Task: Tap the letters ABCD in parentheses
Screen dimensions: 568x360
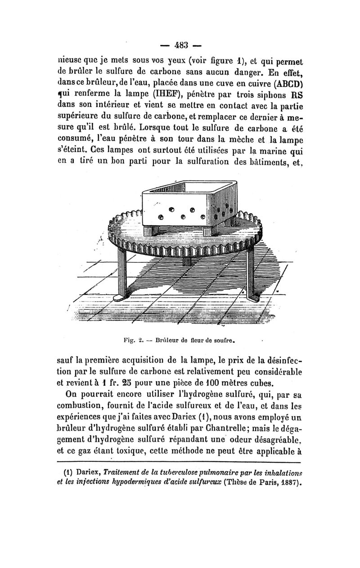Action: coord(283,84)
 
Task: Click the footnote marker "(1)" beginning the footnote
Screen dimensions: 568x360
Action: coord(67,473)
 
